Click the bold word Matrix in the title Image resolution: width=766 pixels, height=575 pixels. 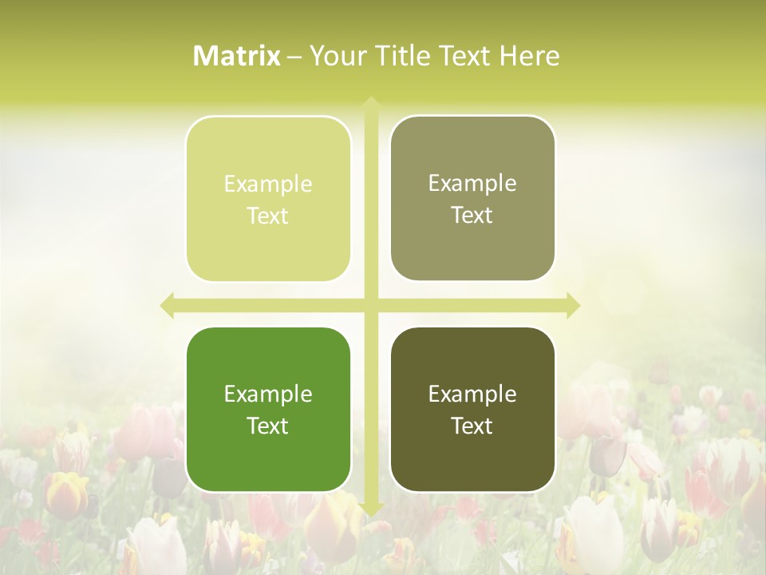[237, 56]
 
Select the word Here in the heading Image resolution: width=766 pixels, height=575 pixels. [530, 56]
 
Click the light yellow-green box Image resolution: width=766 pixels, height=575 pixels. [268, 199]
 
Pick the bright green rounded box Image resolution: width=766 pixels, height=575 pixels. [268, 409]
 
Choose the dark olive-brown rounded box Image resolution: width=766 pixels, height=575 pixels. [472, 409]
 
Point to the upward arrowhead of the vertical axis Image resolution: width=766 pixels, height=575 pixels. [370, 104]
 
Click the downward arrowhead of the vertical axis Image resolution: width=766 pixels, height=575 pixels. [370, 508]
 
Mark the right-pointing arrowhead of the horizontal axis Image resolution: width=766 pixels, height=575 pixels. [573, 305]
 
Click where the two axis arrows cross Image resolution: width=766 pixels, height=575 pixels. [370, 305]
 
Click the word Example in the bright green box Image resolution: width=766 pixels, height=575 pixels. [268, 394]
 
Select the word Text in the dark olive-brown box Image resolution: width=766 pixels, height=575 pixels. [472, 426]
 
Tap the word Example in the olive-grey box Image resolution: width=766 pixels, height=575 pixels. [472, 183]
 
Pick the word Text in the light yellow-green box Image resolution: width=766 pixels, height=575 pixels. [268, 216]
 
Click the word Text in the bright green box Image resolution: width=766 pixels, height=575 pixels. [268, 426]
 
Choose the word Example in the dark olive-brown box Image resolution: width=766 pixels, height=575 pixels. [472, 394]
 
